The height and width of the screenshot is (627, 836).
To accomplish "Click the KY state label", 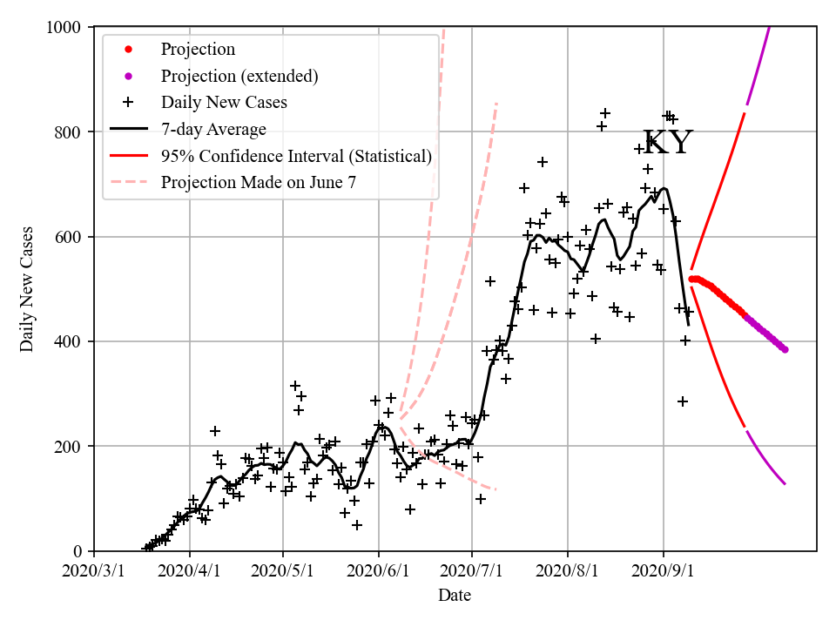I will [x=667, y=143].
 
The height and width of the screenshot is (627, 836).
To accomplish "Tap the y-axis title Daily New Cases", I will [x=27, y=289].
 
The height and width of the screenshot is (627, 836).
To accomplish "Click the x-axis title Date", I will [x=455, y=596].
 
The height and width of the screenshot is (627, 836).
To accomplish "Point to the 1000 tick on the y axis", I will [x=64, y=27].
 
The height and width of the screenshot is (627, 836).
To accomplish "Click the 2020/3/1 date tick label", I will [x=94, y=572].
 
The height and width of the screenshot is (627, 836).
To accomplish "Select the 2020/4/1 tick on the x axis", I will [x=189, y=572].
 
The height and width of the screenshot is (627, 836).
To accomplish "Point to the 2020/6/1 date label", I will [x=378, y=572].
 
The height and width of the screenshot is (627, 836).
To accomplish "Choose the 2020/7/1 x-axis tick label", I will [x=471, y=572].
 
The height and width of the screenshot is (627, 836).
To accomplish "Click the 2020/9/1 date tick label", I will [x=663, y=572].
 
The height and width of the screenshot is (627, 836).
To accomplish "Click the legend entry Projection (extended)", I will [x=239, y=76].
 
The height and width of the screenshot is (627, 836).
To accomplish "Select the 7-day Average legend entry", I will [x=213, y=130].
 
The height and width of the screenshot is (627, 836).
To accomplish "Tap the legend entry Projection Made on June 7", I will [x=259, y=183].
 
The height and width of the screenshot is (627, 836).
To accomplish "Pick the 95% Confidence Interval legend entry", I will [x=296, y=157].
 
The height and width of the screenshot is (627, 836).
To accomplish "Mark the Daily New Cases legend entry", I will [x=224, y=103].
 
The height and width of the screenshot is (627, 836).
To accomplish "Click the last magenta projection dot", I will [x=785, y=349].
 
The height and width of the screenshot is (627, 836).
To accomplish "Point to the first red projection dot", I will [x=691, y=280].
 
